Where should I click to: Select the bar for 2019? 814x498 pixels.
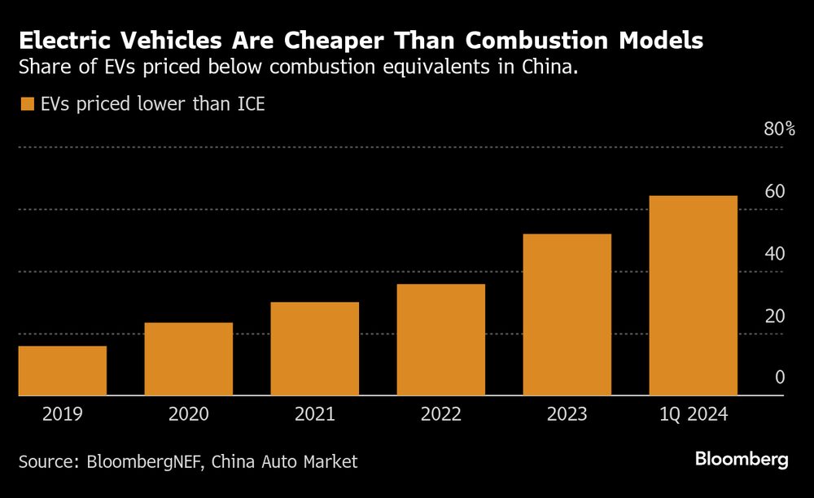click(x=63, y=371)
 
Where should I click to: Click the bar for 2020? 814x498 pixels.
click(x=189, y=359)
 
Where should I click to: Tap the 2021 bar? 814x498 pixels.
click(x=315, y=349)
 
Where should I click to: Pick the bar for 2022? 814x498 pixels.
click(x=441, y=340)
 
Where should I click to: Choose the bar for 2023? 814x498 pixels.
click(x=567, y=315)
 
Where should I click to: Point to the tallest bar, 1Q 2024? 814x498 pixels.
click(x=694, y=296)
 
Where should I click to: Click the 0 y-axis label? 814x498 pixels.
click(x=780, y=378)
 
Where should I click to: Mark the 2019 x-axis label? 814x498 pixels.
click(x=63, y=413)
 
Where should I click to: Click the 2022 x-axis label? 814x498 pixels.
click(x=441, y=413)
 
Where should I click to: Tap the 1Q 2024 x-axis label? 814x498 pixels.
click(x=694, y=413)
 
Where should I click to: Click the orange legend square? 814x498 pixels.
click(x=27, y=104)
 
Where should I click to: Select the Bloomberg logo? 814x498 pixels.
click(x=742, y=460)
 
